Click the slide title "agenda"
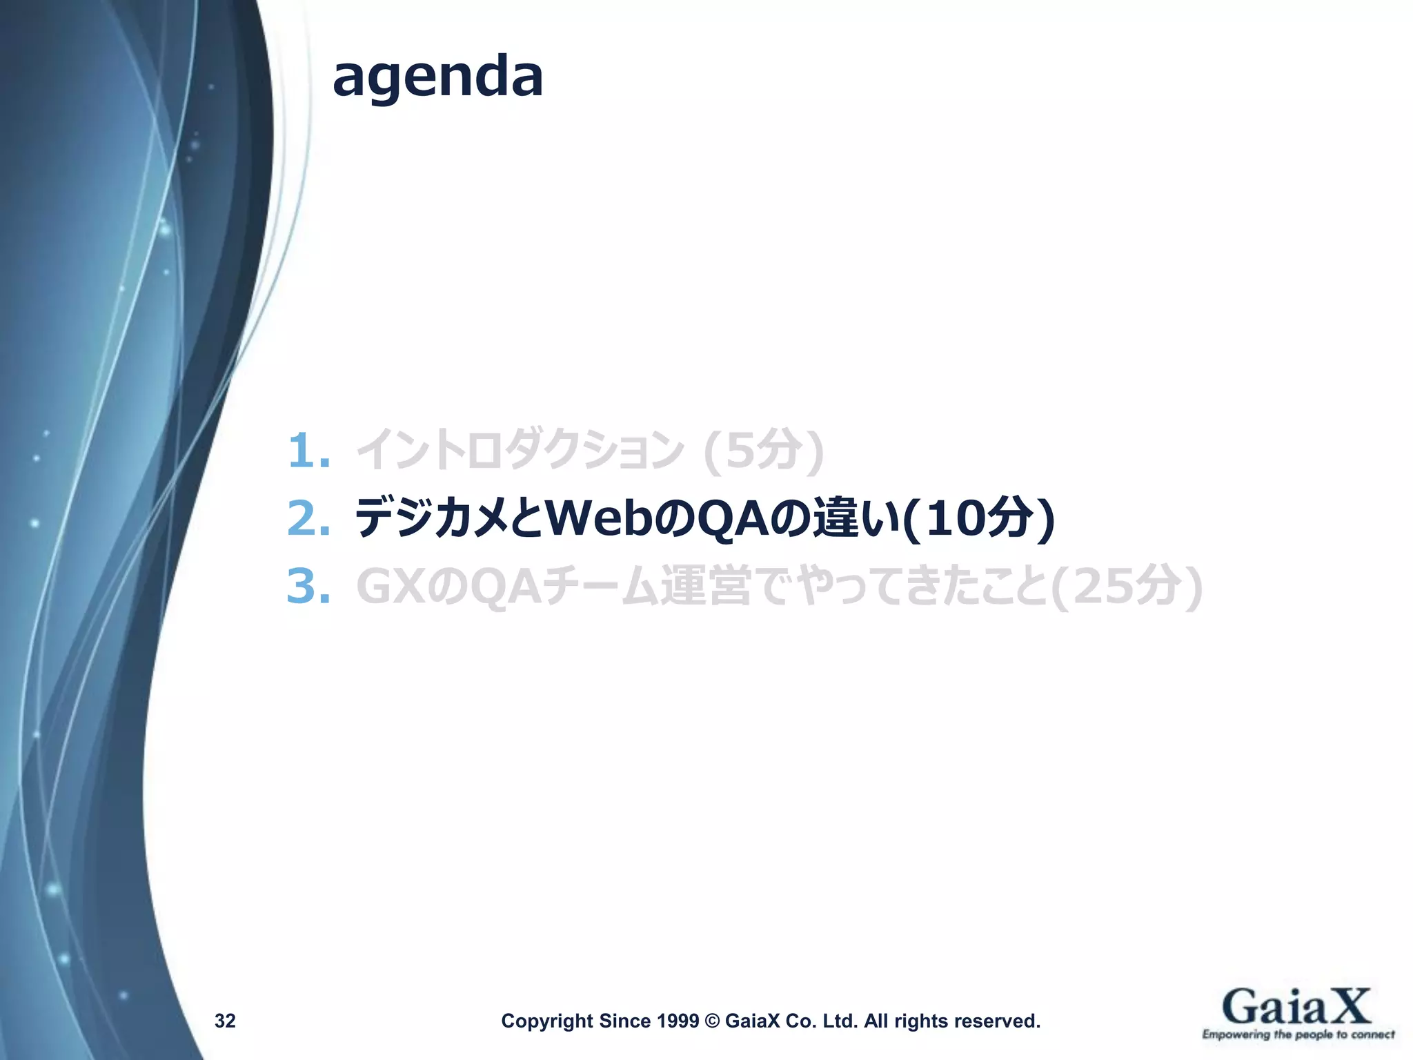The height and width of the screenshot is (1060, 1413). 437,78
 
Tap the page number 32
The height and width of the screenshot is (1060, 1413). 225,1021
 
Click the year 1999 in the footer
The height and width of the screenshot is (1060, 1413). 678,1021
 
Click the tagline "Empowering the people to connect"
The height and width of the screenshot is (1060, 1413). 1298,1034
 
